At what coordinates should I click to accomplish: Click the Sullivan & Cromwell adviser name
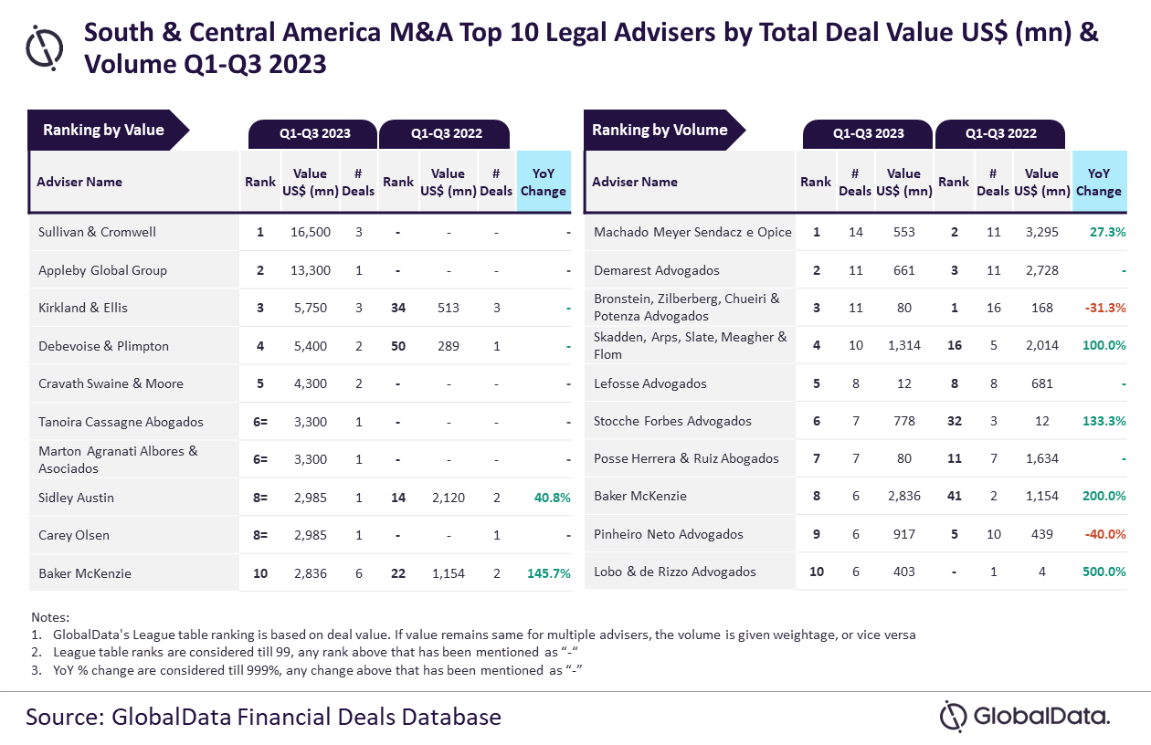tap(97, 232)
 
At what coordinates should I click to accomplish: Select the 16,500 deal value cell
tap(311, 232)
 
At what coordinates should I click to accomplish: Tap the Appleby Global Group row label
tap(102, 270)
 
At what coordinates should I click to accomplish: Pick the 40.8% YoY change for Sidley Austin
tap(553, 498)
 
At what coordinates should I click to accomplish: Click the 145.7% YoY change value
tap(549, 573)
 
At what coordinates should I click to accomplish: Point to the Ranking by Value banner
tap(108, 130)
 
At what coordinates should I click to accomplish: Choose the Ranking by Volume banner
tap(664, 130)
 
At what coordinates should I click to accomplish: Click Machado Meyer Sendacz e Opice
tap(692, 232)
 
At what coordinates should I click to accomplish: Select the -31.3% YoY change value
tap(1105, 308)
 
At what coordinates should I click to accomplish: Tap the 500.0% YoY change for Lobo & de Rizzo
tap(1104, 572)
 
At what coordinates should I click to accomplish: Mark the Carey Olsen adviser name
tap(74, 535)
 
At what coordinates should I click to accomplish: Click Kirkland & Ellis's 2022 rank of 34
tap(398, 308)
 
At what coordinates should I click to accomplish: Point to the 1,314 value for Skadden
tap(903, 345)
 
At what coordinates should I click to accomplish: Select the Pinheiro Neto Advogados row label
tap(669, 534)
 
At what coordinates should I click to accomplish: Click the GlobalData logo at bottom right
tap(1025, 717)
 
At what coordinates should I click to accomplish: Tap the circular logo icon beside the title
tap(45, 47)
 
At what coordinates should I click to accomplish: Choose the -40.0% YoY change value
tap(1105, 534)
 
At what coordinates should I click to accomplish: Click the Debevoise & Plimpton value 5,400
tap(311, 346)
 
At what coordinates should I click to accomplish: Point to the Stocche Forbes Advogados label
tap(672, 421)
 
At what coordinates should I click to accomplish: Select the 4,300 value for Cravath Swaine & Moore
tap(311, 383)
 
